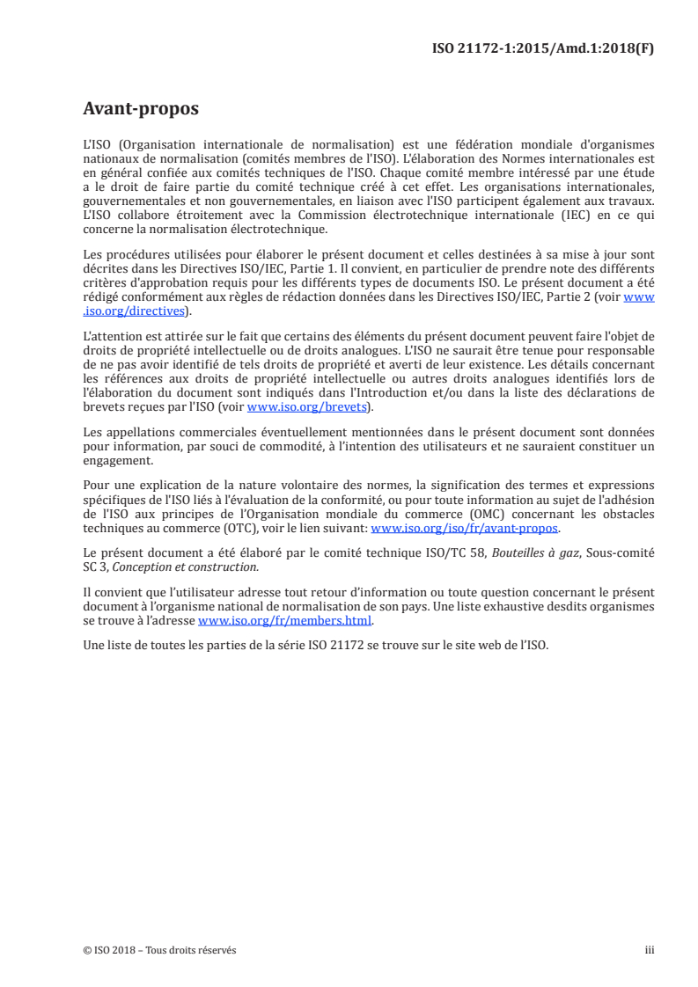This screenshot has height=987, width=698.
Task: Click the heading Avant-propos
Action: pos(140,110)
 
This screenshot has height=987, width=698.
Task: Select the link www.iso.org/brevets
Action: pos(308,407)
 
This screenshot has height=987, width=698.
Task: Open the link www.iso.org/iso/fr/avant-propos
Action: pos(465,529)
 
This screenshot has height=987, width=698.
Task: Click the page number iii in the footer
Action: pos(650,950)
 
